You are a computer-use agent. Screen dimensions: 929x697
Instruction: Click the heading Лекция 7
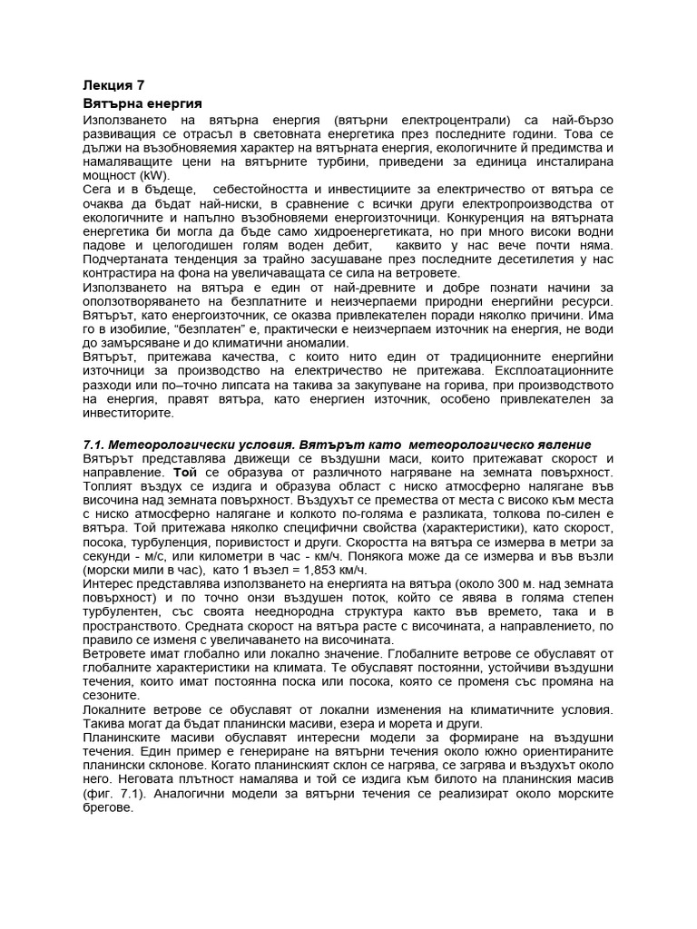(x=113, y=86)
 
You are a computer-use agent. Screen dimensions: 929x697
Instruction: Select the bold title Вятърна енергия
(x=142, y=103)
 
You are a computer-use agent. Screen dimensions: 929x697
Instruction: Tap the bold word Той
(x=183, y=473)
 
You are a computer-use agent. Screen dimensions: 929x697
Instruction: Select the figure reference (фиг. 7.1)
(x=121, y=793)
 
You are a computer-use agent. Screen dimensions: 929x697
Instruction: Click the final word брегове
(x=108, y=807)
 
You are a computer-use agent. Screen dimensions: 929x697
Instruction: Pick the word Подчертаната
(x=126, y=259)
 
